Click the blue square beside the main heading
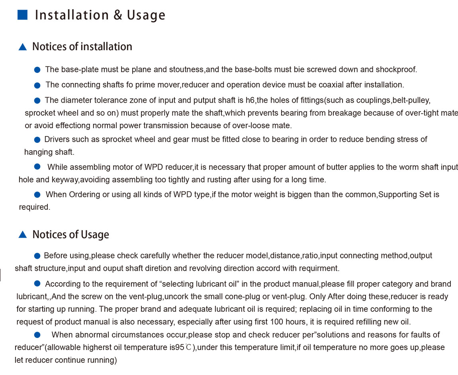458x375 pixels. coord(22,15)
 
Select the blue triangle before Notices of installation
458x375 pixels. coord(23,47)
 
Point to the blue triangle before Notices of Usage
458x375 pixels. coord(23,235)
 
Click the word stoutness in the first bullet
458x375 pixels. coord(186,70)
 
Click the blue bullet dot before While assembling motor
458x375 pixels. coord(37,167)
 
